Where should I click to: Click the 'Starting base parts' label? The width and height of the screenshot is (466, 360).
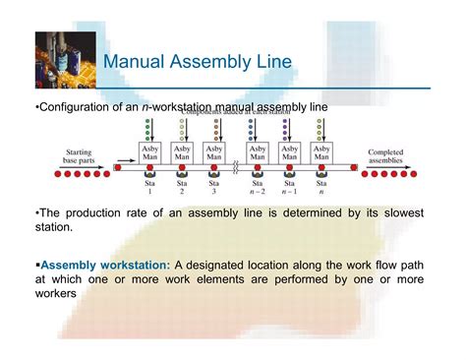click(80, 156)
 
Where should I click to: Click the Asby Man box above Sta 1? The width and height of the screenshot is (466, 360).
click(147, 154)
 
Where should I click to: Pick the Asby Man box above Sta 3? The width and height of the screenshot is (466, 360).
click(216, 154)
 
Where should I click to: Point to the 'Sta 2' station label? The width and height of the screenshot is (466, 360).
click(182, 187)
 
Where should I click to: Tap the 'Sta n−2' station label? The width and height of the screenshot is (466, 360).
click(257, 187)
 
